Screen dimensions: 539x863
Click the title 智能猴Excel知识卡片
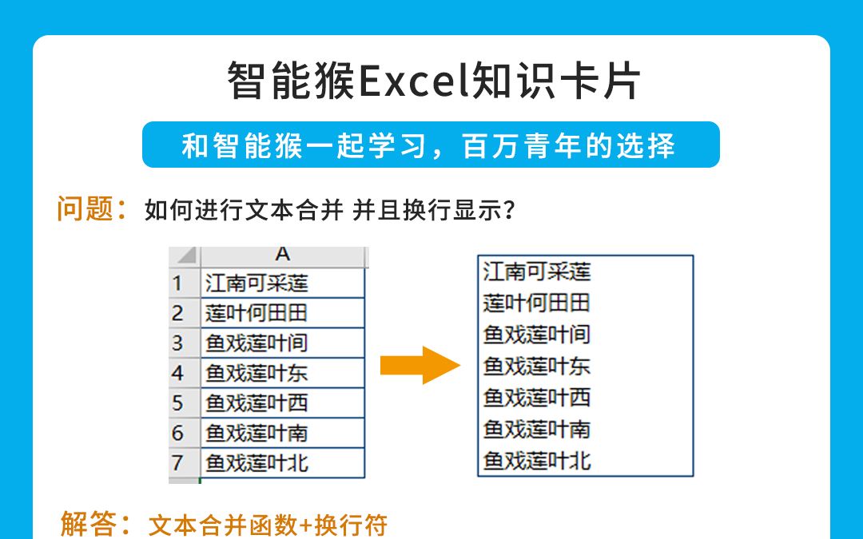point(434,81)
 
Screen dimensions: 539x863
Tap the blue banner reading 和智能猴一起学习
point(431,145)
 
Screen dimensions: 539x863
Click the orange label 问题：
point(92,209)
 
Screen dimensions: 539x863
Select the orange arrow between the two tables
point(420,366)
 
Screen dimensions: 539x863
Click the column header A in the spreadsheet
point(282,255)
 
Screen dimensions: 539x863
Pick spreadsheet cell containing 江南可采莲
point(282,283)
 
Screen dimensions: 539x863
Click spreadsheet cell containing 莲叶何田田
point(282,312)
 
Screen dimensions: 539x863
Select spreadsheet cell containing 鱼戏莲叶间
point(282,343)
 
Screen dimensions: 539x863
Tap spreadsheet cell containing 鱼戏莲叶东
point(282,373)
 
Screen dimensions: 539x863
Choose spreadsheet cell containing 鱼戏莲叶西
point(282,402)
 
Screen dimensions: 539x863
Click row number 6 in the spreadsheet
point(177,433)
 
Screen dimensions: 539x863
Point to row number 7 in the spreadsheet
point(177,462)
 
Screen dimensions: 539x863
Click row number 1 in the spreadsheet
point(177,283)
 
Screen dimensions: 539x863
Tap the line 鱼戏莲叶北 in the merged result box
point(537,461)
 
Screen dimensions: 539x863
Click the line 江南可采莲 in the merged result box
point(537,271)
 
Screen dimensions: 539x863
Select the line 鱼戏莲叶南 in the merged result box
point(537,429)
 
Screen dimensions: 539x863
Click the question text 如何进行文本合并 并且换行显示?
point(329,211)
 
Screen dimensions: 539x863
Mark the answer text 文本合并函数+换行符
point(268,525)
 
